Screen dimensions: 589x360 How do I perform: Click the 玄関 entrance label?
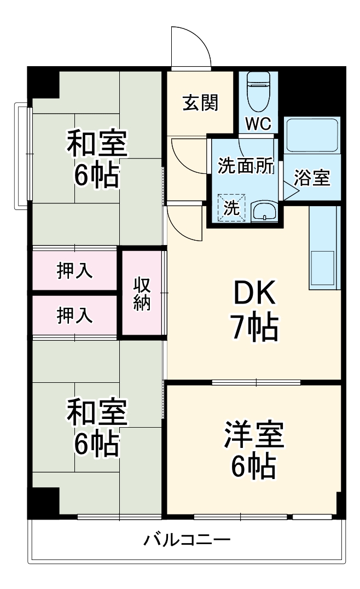click(201, 102)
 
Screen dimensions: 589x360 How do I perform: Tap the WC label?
click(258, 124)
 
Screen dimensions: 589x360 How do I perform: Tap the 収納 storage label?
click(142, 294)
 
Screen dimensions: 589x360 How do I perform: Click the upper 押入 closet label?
click(75, 270)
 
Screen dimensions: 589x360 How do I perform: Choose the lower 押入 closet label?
click(75, 315)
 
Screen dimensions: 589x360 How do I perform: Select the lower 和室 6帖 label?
click(97, 428)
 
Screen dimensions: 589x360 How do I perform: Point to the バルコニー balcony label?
click(187, 540)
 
